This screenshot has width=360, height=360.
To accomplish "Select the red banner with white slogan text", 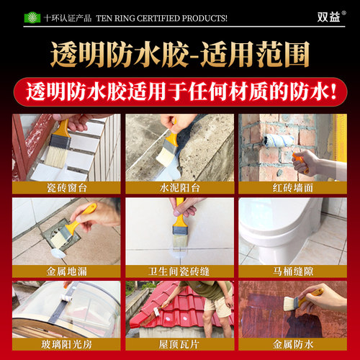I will point(180,92).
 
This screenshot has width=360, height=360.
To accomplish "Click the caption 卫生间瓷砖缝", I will point(180,274).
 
